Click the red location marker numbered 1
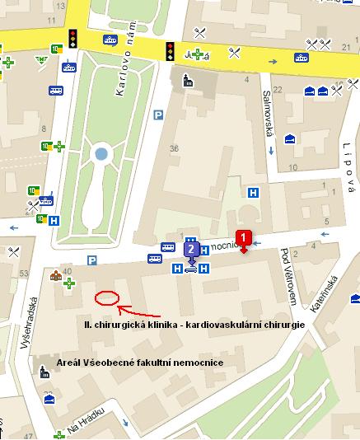coord(243,240)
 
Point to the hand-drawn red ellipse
coord(107,297)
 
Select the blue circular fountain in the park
coord(101,153)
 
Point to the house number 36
coord(174,148)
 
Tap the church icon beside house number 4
coord(189,80)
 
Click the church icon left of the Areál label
coord(44,372)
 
